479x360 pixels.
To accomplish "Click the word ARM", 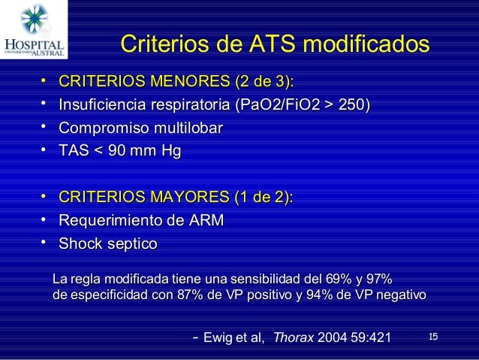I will pos(207,221).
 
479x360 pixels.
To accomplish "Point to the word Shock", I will pos(81,244).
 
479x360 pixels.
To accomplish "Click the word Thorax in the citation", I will pos(294,338).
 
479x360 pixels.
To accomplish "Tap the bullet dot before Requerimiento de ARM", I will pos(45,219).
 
